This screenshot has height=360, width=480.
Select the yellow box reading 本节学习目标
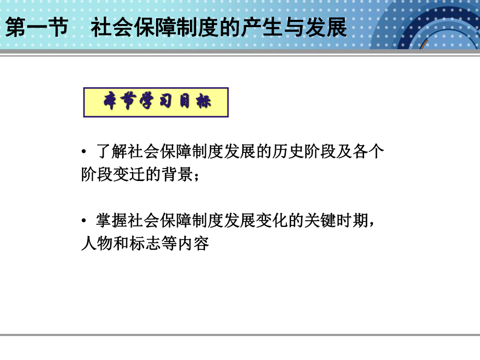pos(156,102)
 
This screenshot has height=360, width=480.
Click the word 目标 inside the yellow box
pos(195,102)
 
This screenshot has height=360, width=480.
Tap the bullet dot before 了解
pos(84,153)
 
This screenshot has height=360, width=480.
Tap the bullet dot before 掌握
pos(84,222)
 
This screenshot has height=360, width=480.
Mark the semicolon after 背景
pos(196,176)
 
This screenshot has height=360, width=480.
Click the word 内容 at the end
pos(193,244)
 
